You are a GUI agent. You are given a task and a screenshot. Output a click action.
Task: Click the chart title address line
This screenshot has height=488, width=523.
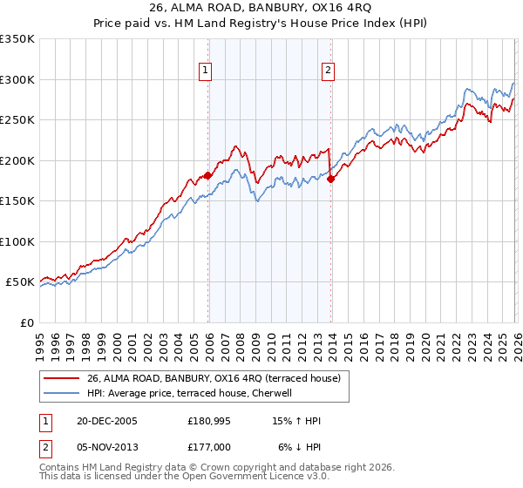pos(261,7)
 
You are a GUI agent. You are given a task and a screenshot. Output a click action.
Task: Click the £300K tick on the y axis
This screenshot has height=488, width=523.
pos(17,79)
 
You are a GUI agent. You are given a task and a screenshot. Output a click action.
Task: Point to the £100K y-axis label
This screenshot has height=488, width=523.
pos(17,241)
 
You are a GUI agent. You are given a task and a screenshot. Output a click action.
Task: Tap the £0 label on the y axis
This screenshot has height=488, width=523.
pos(26,322)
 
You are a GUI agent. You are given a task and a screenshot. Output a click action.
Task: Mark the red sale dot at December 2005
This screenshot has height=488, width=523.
pos(208,175)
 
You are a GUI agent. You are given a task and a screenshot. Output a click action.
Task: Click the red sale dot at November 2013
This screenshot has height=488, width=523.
pos(330,179)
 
